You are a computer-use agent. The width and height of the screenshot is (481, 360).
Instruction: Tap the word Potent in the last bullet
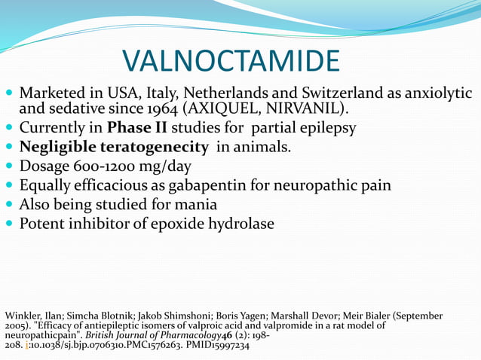coord(42,224)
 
